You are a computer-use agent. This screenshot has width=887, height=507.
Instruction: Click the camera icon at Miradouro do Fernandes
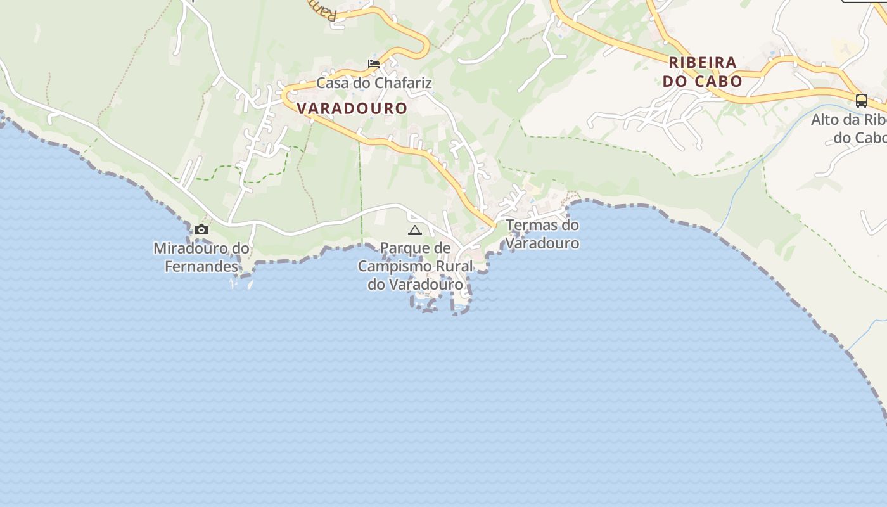201,230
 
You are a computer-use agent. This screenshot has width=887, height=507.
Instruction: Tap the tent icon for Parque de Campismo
415,230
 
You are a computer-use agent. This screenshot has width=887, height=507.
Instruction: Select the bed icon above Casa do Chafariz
374,64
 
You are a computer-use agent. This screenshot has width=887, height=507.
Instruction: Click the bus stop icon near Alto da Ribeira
861,100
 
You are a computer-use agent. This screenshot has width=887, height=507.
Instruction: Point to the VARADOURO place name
352,108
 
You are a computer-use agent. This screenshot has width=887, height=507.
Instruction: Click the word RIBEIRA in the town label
703,63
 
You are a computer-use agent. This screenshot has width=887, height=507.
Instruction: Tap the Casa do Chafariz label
374,83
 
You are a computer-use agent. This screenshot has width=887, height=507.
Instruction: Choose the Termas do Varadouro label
542,234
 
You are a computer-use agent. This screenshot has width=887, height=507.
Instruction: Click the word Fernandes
201,266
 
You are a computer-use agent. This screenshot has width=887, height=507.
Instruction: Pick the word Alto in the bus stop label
825,120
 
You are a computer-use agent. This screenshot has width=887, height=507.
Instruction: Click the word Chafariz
403,83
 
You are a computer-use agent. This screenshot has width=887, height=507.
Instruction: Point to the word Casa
333,83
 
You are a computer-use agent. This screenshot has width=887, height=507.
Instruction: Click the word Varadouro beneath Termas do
543,243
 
